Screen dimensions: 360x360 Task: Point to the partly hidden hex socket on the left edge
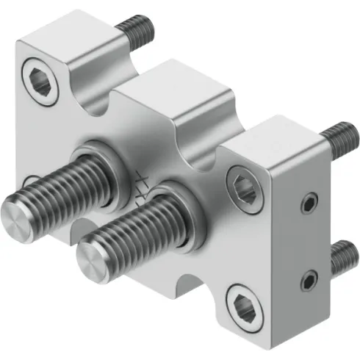pyautogui.click(x=28, y=181)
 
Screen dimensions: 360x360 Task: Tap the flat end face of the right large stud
pyautogui.click(x=93, y=259)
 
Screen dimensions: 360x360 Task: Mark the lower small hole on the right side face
pyautogui.click(x=312, y=278)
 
